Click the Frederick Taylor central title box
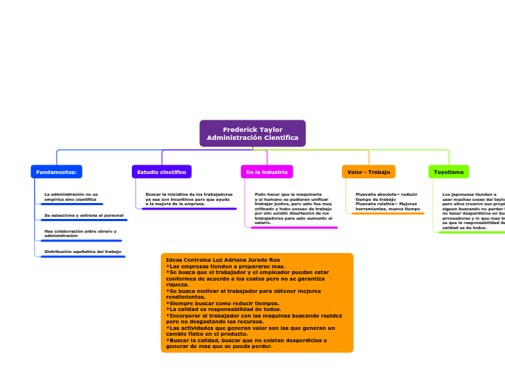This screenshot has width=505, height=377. pos(252,133)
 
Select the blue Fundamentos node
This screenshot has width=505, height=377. pos(57,172)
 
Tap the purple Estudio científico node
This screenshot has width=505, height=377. pos(162,172)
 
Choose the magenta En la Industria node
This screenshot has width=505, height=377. pos(267,172)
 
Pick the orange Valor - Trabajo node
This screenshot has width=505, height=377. pos(368,172)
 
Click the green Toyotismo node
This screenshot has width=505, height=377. pos(448,172)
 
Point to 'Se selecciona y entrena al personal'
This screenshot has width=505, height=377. pos(83,215)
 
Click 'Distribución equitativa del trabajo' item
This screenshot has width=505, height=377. pos(83,252)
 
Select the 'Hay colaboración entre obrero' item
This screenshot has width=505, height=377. pos(80,233)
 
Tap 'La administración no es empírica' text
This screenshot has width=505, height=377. pos(71,196)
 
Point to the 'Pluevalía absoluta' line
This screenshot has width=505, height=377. pos(386,194)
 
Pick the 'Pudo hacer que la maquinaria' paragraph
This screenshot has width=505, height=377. pos(293,208)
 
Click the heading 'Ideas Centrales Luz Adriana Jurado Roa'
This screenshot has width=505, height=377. pos(222,260)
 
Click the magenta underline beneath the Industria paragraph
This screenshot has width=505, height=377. pos(293,228)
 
